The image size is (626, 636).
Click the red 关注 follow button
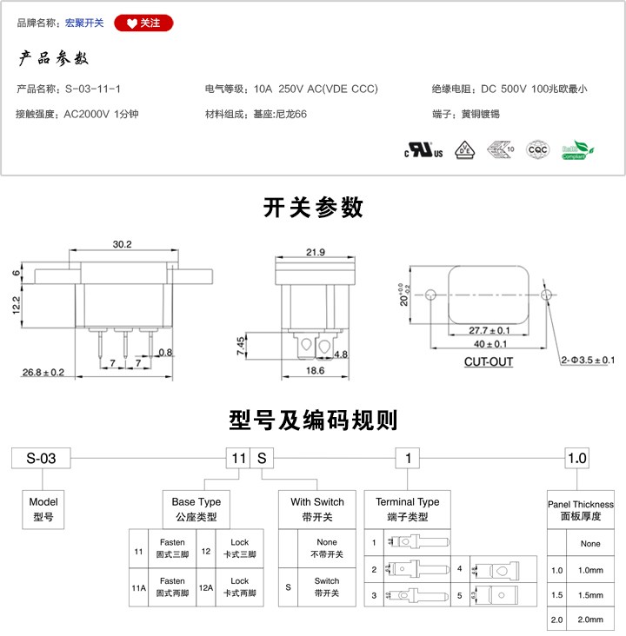click(143, 23)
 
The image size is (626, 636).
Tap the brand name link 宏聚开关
click(84, 23)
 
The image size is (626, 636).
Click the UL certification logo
click(423, 150)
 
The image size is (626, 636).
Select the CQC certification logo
click(539, 149)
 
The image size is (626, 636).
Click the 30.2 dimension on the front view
click(122, 245)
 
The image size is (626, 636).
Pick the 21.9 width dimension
click(315, 252)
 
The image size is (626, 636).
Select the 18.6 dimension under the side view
click(315, 371)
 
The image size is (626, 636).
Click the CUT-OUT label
click(488, 361)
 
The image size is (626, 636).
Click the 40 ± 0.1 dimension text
click(489, 345)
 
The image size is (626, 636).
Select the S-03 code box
click(41, 458)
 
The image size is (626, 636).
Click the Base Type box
click(196, 509)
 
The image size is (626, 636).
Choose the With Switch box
click(316, 509)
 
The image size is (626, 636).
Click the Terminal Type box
click(407, 509)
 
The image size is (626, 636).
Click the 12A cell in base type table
click(204, 587)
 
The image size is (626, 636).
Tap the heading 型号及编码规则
click(313, 421)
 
